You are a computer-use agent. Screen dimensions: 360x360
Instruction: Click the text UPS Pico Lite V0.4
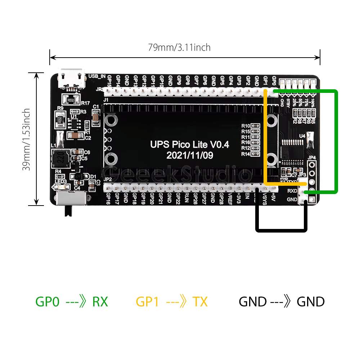coord(189,145)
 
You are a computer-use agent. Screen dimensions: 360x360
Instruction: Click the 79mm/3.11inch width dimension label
coord(179,47)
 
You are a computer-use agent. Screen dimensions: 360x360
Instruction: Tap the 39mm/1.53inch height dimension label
coord(26,140)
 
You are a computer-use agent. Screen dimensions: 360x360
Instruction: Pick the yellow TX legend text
coord(200,302)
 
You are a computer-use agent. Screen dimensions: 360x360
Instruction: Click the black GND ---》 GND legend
coord(282,302)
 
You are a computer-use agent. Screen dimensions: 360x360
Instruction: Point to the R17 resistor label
coord(85,103)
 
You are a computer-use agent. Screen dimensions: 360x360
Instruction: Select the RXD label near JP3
coord(292,191)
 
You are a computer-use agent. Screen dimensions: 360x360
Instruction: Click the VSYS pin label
coord(265,199)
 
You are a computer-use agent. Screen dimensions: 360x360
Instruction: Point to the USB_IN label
coord(97,76)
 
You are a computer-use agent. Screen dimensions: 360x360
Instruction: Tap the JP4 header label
coord(312,158)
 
